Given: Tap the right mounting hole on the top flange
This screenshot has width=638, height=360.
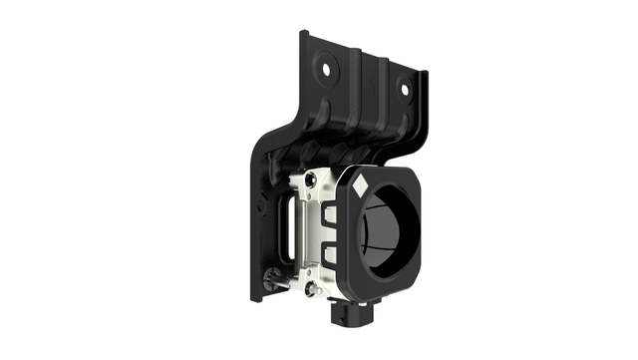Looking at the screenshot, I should [x=406, y=89].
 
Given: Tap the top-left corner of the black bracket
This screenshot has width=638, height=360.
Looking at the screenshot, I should [x=303, y=35].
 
